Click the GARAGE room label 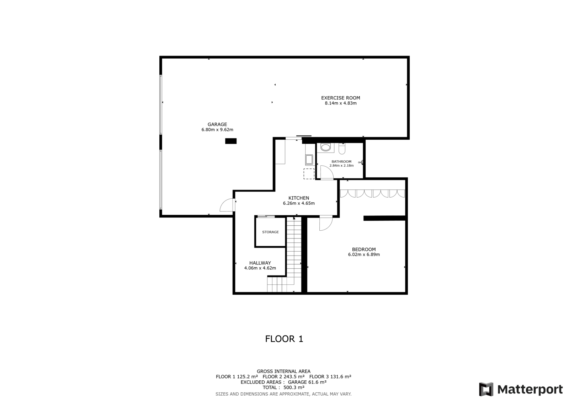pyautogui.click(x=217, y=124)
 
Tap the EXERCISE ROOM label pyautogui.click(x=340, y=98)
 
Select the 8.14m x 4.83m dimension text pyautogui.click(x=341, y=103)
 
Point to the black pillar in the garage pyautogui.click(x=231, y=141)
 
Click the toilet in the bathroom pyautogui.click(x=342, y=149)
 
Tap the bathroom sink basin pyautogui.click(x=325, y=147)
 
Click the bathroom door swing pyautogui.click(x=327, y=173)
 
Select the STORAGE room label pyautogui.click(x=270, y=232)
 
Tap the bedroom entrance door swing pyautogui.click(x=326, y=224)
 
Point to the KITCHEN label pyautogui.click(x=299, y=198)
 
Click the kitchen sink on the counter pyautogui.click(x=309, y=160)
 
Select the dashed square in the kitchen pyautogui.click(x=309, y=174)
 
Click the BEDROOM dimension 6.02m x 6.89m pyautogui.click(x=364, y=254)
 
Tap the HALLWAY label pyautogui.click(x=260, y=263)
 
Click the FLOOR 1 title pyautogui.click(x=284, y=339)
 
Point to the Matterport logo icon pyautogui.click(x=486, y=389)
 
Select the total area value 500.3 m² pyautogui.click(x=294, y=387)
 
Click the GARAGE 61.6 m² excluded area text pyautogui.click(x=307, y=382)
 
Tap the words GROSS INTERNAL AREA pyautogui.click(x=283, y=371)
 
